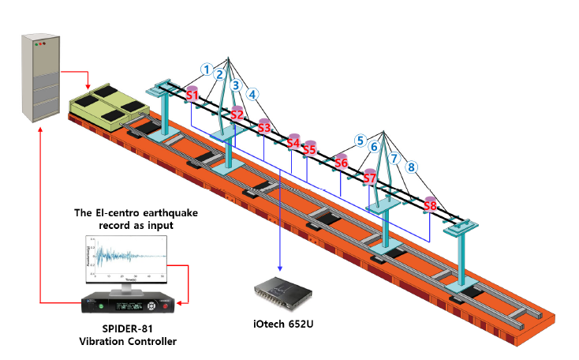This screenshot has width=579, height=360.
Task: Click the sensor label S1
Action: coord(192,96)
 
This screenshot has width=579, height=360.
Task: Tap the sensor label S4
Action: coord(293,143)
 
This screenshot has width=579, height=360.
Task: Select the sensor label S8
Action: coord(430,206)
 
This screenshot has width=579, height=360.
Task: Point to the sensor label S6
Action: coord(342,163)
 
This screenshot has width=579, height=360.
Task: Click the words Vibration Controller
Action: coord(128,341)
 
